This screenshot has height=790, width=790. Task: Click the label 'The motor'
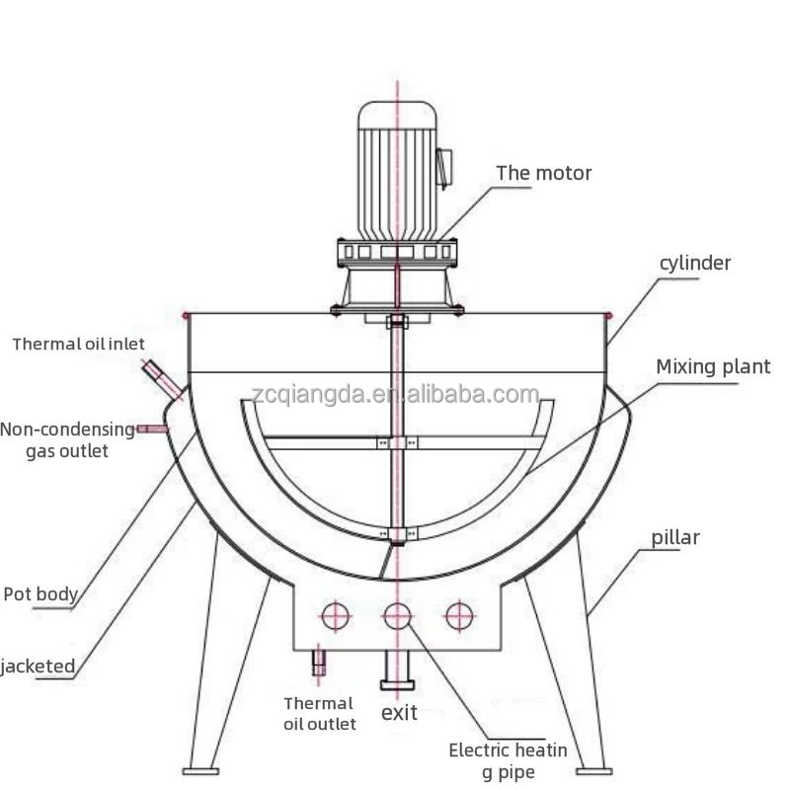coord(543,174)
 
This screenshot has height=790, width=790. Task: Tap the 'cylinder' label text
coord(695,263)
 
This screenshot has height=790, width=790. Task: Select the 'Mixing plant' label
coord(713,367)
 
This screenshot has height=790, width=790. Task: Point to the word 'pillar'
coord(675,538)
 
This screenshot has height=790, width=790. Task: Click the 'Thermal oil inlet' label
coord(78,345)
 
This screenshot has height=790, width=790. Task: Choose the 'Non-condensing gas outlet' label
coord(67,439)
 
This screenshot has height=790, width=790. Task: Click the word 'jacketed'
coord(38,667)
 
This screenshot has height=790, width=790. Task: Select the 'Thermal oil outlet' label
coord(319,713)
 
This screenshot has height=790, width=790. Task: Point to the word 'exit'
coord(399,713)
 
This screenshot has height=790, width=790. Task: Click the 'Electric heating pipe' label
coord(508,759)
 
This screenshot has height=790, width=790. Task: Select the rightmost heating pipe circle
coord(456,616)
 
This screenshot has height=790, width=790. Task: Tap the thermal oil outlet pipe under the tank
coord(319,661)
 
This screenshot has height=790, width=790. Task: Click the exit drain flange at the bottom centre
coord(397,684)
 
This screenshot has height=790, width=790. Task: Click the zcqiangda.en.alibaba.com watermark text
coord(395,395)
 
